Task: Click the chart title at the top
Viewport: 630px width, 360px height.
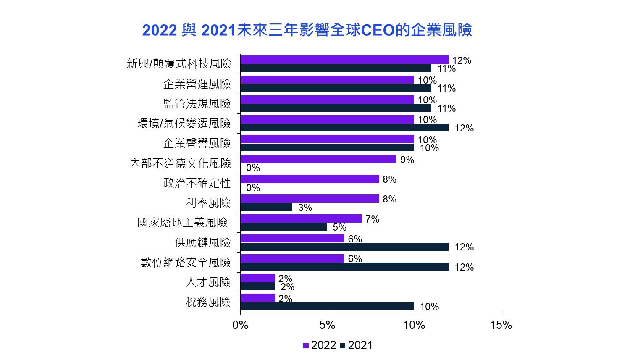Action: (x=307, y=30)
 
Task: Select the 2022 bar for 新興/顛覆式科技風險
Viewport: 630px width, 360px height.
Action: (x=344, y=60)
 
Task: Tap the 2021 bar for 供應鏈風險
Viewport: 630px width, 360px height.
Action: (x=344, y=247)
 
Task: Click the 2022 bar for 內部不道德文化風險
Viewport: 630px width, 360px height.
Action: (x=318, y=159)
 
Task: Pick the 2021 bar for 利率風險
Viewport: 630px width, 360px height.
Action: (x=266, y=207)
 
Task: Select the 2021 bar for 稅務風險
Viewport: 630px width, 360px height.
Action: (x=327, y=306)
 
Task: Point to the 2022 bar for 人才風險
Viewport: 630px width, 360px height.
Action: (x=257, y=278)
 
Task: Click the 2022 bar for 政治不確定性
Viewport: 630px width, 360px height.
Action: (x=310, y=179)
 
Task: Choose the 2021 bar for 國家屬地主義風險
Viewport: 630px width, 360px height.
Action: (x=283, y=227)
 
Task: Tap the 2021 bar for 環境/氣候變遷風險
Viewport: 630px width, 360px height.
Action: (x=344, y=128)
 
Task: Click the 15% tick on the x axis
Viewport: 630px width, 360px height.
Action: (x=501, y=325)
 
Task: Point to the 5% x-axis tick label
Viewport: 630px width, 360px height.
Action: (x=327, y=325)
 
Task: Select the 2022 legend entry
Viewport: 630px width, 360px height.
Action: (x=319, y=345)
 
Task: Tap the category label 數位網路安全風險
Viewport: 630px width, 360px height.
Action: (x=186, y=263)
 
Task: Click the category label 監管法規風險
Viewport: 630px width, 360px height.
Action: (x=197, y=103)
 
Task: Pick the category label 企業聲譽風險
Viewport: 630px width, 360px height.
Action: (x=197, y=143)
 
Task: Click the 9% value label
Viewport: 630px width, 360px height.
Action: (x=407, y=160)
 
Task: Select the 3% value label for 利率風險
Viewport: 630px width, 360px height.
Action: (x=305, y=208)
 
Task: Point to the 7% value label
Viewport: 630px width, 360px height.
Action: (x=373, y=219)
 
